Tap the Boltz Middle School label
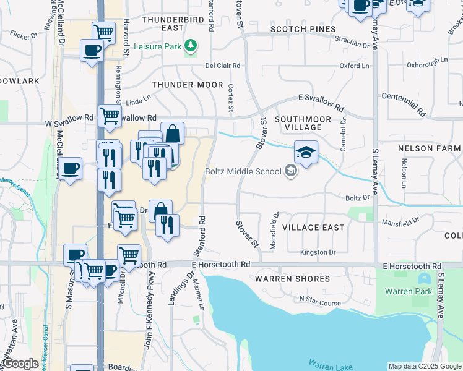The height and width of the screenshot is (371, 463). coord(244,172)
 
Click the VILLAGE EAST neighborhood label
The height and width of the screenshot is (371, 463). coord(313,228)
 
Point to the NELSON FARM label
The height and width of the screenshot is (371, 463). coord(429,148)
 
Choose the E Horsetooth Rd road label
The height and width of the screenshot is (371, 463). coord(220,264)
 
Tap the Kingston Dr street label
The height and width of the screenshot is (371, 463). coord(318,252)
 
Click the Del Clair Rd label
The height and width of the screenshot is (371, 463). coord(223,66)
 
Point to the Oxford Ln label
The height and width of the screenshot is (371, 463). coord(354,66)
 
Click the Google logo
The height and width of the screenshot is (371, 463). coord(20,364)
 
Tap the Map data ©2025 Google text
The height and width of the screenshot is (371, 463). coord(425,366)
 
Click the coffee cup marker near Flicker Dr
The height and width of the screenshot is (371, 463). coord(91,51)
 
